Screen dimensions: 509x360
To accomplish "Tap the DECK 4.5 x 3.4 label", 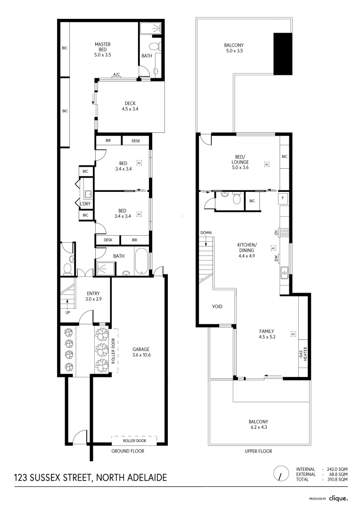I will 130,106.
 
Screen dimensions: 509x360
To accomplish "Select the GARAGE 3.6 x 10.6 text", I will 141,352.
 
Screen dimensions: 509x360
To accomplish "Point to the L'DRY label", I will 85,204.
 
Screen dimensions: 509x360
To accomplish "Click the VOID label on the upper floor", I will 217,306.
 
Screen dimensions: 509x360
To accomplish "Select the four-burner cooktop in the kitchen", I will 285,232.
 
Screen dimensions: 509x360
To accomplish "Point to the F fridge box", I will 283,198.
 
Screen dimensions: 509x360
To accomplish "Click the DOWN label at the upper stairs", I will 206,233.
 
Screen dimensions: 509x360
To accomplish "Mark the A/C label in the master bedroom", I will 116,74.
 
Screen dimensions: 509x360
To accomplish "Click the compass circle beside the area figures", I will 281,474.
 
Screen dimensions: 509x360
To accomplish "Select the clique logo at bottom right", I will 338,498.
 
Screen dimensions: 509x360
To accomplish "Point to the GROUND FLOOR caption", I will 127,451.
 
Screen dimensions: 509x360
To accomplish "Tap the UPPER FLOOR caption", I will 258,451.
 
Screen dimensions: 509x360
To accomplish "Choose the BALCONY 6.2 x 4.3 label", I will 258,425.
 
